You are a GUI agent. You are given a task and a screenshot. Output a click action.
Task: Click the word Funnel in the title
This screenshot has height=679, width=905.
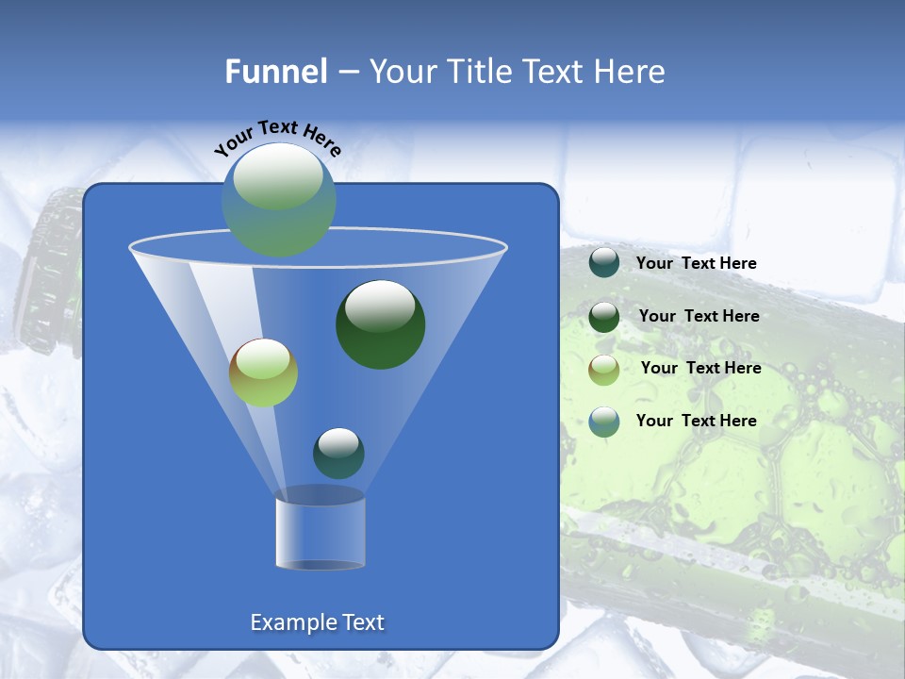coord(275,72)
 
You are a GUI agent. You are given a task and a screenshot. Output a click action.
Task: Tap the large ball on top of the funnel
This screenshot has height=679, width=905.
coord(278,199)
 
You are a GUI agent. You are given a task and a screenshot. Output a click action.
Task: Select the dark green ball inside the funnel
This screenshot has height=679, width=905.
coord(380,323)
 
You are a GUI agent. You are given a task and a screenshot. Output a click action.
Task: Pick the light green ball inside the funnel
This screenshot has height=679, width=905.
coord(263,373)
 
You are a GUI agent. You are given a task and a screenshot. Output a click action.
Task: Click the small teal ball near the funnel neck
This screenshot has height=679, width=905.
coord(338,453)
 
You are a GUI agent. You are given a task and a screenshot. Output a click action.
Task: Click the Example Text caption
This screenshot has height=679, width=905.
coord(317,622)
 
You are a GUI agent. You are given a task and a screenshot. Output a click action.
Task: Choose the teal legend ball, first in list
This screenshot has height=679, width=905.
coord(603,262)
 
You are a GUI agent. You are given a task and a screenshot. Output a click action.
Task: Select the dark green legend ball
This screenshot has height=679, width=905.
coord(603,316)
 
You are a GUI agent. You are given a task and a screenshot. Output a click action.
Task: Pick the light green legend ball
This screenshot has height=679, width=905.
coord(603,369)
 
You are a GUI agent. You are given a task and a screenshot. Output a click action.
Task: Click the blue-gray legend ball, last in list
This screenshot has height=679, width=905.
coord(603,422)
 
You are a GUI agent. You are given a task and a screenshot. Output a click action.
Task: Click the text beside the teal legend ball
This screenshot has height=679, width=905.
coord(696,264)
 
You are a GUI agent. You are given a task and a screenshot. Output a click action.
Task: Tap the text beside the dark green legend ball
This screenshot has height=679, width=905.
coord(699,317)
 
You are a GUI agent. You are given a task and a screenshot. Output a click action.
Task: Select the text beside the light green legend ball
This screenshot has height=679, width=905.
coord(700,369)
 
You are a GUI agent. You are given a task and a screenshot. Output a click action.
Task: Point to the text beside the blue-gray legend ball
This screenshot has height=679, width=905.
coord(696,421)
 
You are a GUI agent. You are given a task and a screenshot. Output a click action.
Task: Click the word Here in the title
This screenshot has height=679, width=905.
coord(631,72)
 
